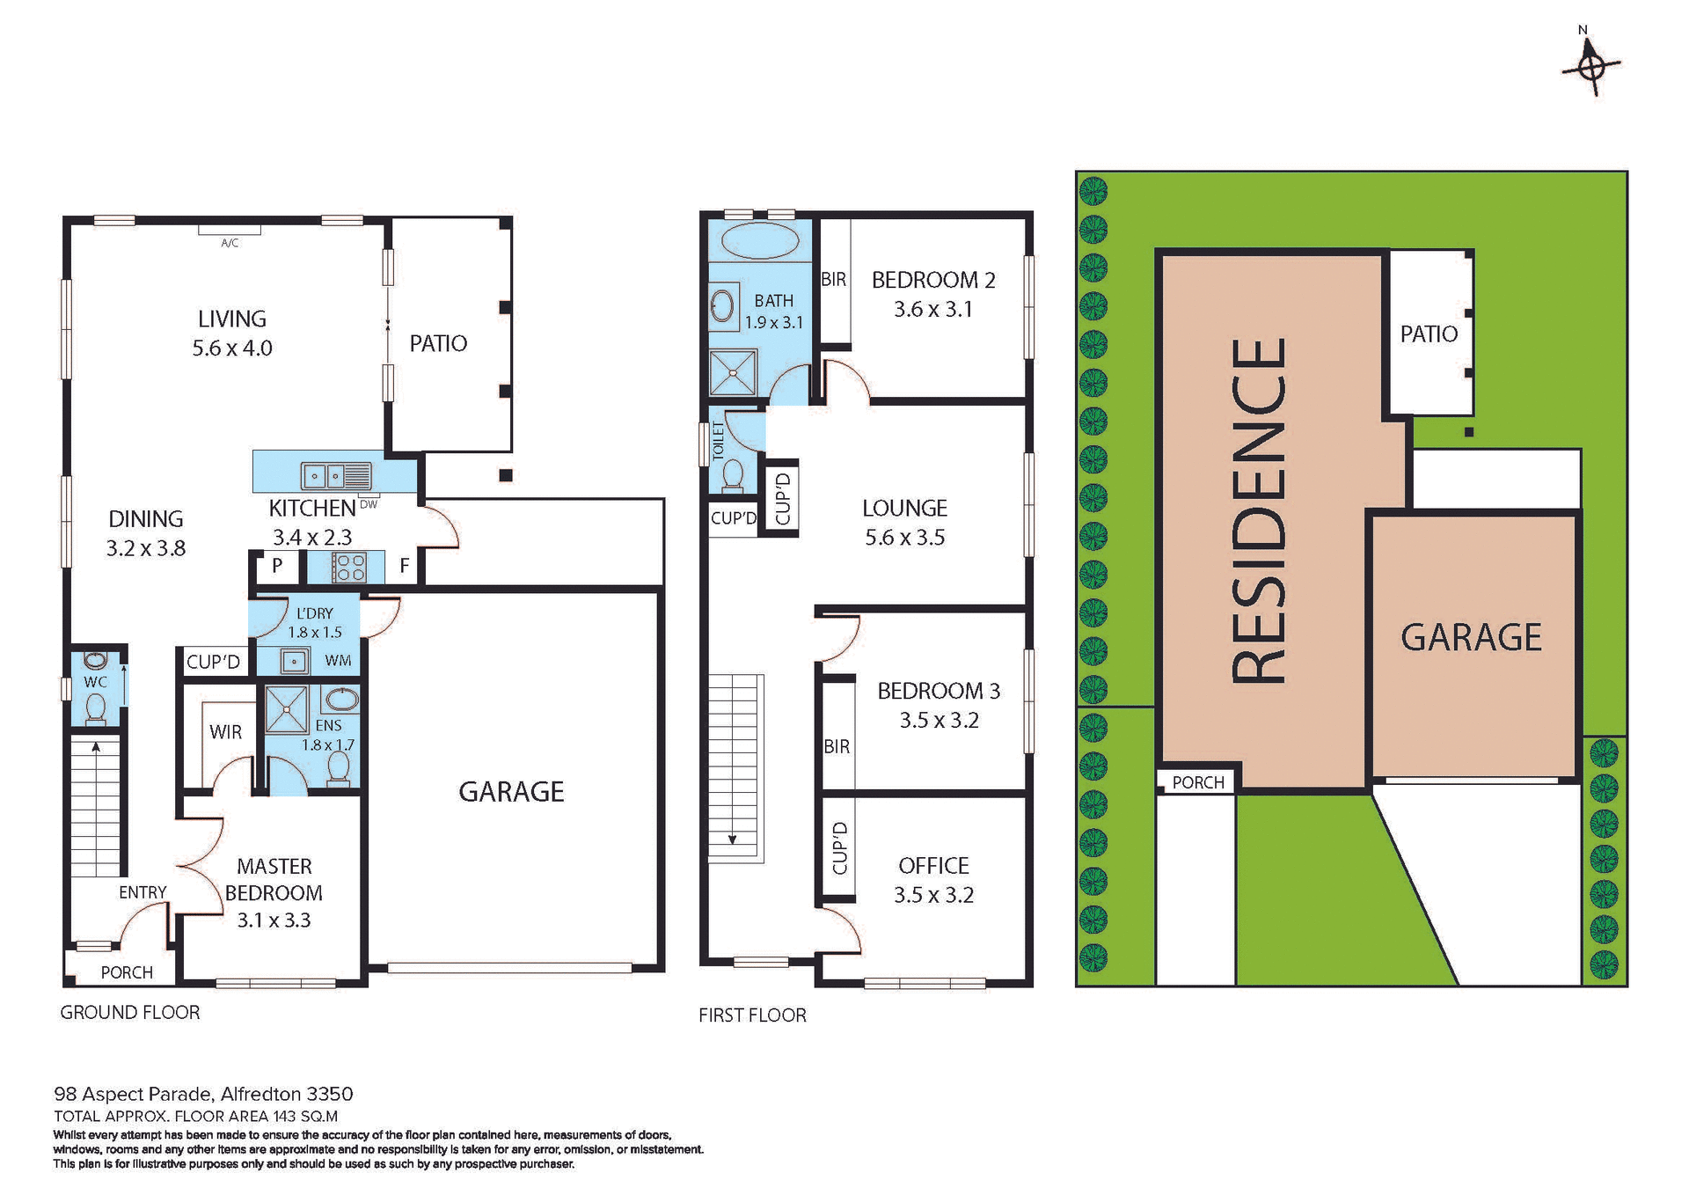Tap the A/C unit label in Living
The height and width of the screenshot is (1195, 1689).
[230, 243]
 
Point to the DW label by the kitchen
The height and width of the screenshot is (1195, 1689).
[369, 504]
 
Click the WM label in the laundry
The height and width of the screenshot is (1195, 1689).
[338, 660]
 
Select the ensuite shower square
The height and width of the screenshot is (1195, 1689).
[287, 709]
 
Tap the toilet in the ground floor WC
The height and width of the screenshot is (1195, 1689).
[96, 709]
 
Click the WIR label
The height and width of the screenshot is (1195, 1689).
[225, 731]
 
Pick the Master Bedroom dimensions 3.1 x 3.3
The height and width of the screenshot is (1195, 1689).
[274, 920]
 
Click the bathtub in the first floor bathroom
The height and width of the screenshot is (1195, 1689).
[760, 240]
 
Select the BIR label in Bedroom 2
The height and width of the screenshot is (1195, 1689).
[833, 280]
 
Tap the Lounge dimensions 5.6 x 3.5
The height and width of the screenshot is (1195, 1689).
[904, 538]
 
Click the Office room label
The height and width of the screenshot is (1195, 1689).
[933, 866]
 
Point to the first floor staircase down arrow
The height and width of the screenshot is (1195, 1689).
[732, 839]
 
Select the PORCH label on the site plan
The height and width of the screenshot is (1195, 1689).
[1197, 782]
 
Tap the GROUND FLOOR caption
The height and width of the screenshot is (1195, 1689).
[130, 1013]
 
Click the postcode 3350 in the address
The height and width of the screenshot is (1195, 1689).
[329, 1094]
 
